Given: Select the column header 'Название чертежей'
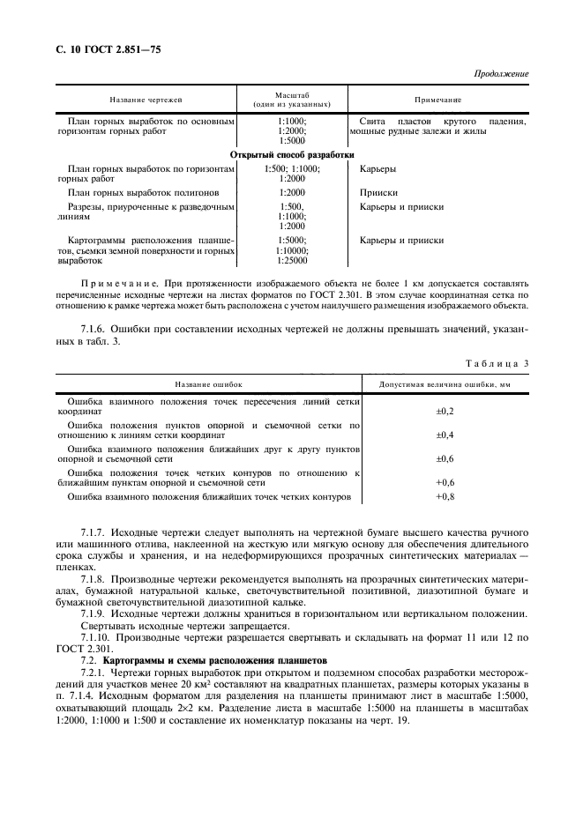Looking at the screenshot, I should [146, 100].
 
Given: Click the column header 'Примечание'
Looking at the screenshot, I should [438, 100].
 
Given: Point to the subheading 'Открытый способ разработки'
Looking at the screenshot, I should [292, 153].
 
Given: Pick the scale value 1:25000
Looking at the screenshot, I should [292, 260].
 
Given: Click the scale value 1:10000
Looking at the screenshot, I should [292, 250].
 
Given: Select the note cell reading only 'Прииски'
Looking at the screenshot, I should [378, 191].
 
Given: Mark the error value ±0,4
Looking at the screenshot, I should [445, 435].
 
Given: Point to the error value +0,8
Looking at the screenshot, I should [445, 497].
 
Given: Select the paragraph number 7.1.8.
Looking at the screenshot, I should [93, 576].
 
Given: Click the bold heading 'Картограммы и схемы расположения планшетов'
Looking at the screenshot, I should [214, 659].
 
